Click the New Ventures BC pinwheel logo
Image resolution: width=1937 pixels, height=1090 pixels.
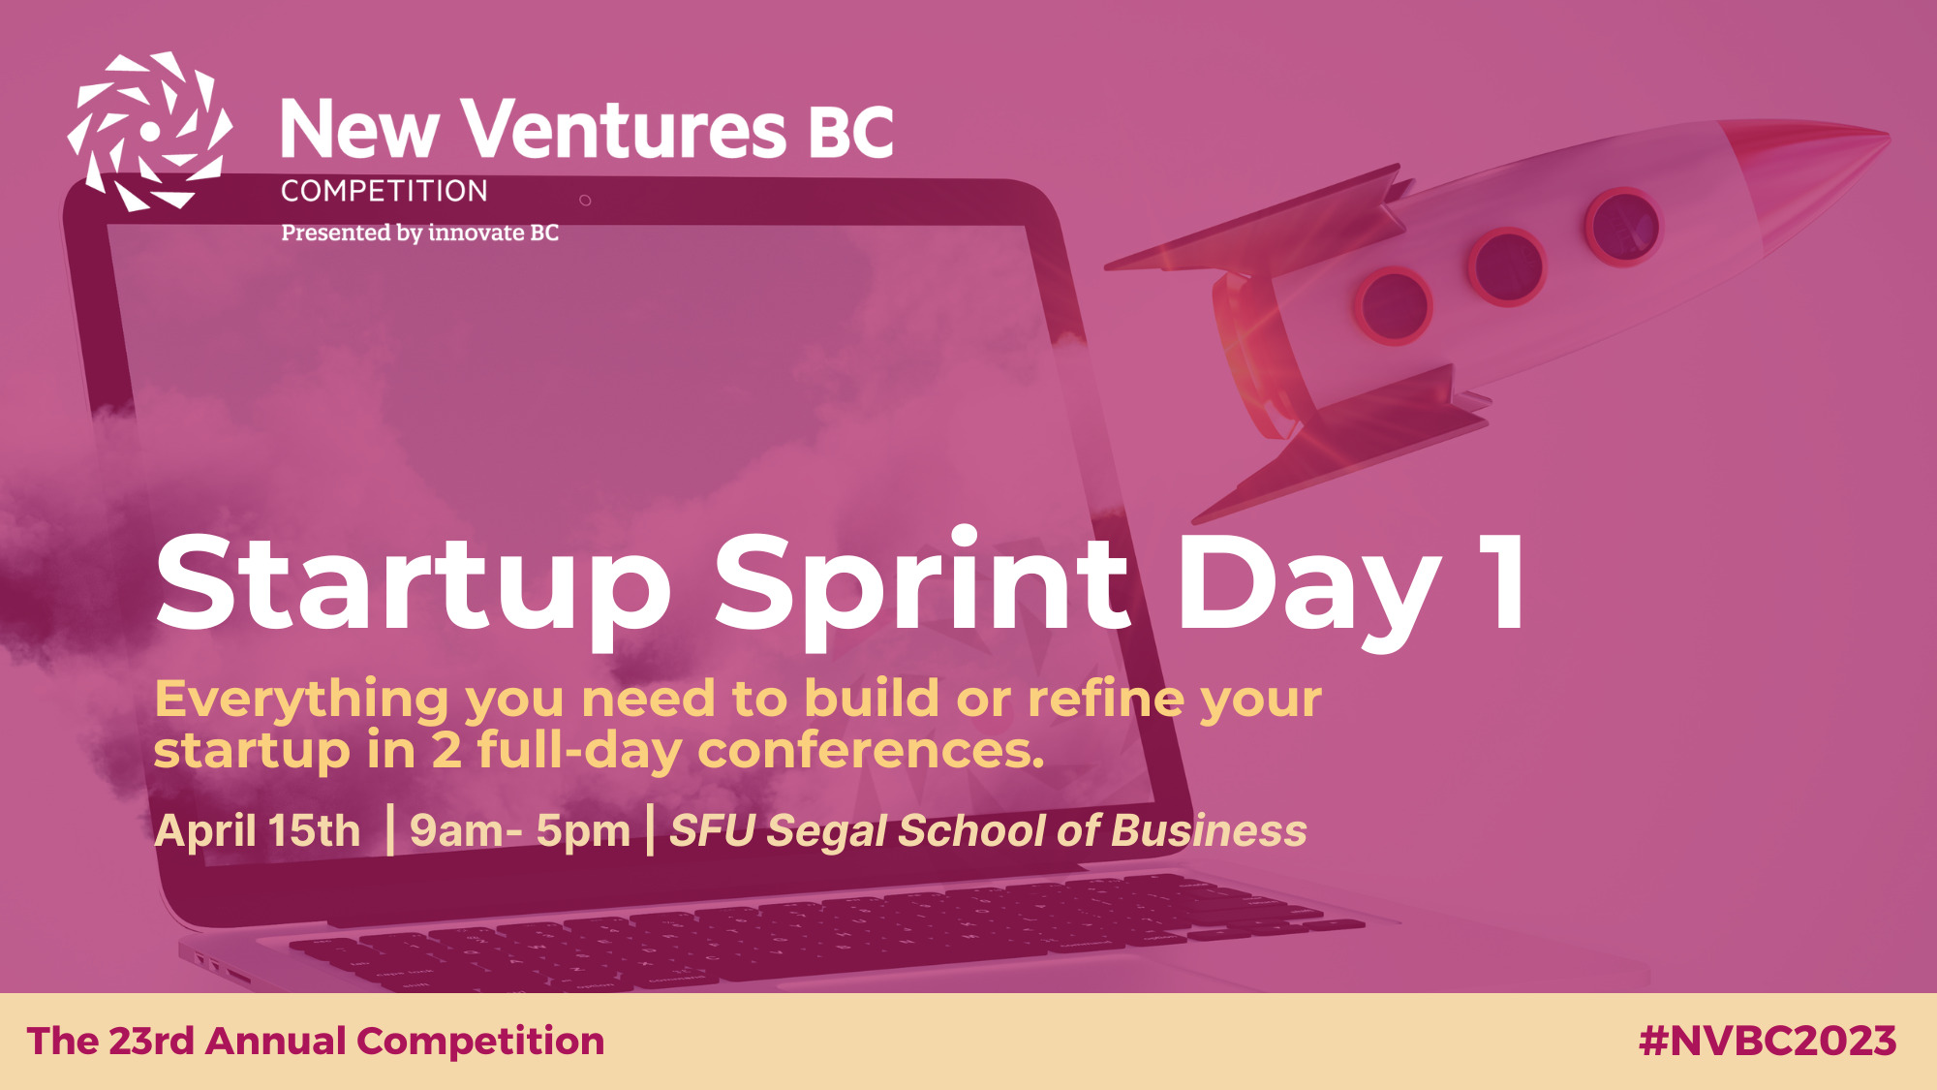[x=150, y=131]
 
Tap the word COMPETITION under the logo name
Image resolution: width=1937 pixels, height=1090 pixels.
[x=384, y=191]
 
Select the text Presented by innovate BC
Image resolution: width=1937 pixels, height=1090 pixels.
[x=419, y=233]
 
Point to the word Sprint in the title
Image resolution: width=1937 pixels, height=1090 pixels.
[x=922, y=586]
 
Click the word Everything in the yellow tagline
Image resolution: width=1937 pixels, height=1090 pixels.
[x=301, y=700]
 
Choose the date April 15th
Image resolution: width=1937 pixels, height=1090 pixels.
[x=258, y=830]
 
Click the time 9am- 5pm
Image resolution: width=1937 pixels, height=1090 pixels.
[x=520, y=831]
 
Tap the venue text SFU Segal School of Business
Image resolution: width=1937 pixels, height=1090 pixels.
[x=988, y=831]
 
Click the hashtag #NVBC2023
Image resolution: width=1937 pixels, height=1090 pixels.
[x=1768, y=1041]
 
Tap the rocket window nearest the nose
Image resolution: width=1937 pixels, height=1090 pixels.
[x=1622, y=227]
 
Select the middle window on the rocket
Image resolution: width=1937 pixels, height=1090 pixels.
[x=1506, y=266]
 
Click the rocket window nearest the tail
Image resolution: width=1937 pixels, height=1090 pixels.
[x=1394, y=306]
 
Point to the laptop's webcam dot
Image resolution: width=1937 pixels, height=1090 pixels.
[x=585, y=201]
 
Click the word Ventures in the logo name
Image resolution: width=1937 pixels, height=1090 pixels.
[x=623, y=129]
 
